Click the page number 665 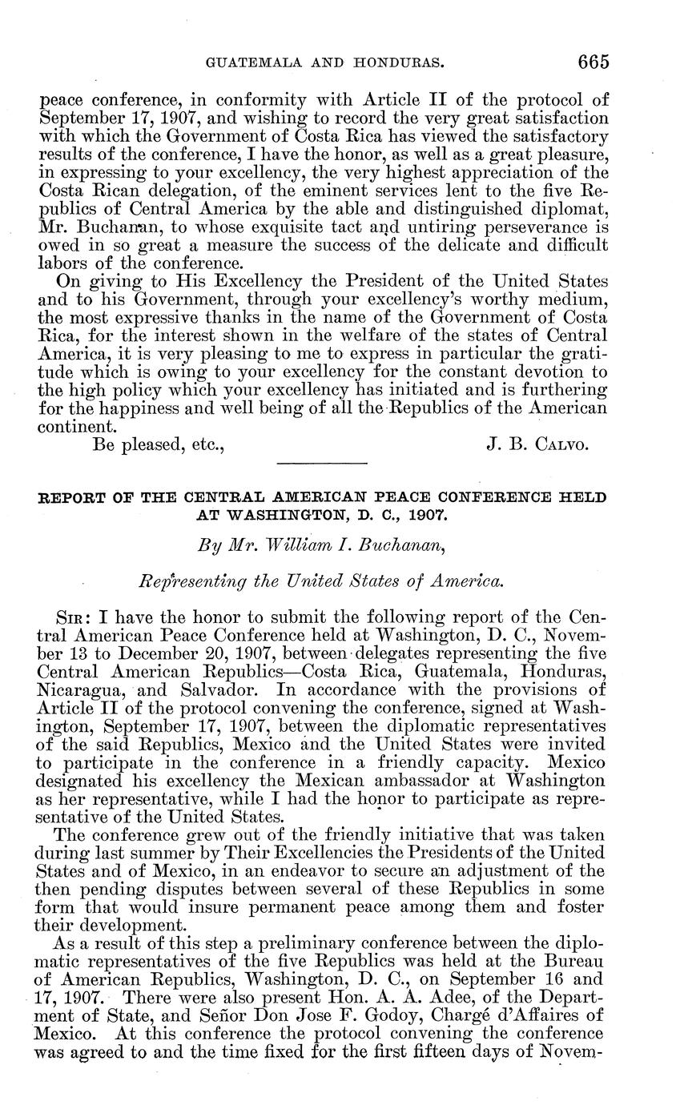(590, 62)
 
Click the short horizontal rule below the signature (320, 463)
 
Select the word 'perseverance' (521, 227)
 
